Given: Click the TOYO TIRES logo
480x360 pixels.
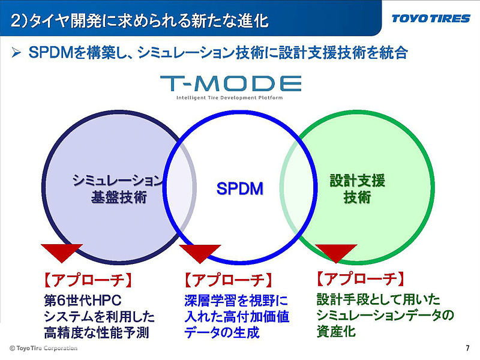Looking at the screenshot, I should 430,19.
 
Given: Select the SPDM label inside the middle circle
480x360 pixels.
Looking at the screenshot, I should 239,189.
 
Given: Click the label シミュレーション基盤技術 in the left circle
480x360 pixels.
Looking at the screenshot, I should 118,188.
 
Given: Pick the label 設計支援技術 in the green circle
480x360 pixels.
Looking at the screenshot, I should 357,188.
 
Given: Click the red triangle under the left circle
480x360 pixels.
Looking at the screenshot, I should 62,253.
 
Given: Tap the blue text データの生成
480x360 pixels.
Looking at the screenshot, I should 222,332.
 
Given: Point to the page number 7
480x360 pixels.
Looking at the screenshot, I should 467,349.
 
